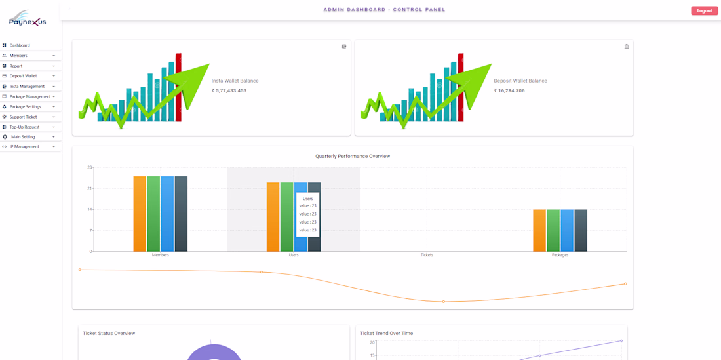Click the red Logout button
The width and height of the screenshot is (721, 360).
tap(704, 10)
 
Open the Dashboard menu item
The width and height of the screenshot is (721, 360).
tap(20, 45)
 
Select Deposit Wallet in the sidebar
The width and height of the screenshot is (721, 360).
tap(23, 76)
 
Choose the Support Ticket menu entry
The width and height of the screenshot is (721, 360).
tap(23, 117)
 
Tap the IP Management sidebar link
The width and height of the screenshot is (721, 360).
tap(24, 147)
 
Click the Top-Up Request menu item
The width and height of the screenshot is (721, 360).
tap(24, 127)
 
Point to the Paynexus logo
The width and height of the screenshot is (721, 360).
tap(28, 18)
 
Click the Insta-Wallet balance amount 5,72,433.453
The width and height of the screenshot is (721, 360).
tap(231, 91)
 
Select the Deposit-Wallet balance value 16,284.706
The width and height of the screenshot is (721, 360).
tap(511, 91)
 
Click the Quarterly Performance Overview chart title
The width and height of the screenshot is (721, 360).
tap(353, 156)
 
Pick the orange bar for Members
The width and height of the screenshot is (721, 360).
tap(140, 214)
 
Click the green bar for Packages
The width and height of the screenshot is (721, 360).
tap(553, 230)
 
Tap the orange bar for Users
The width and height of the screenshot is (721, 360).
tap(273, 216)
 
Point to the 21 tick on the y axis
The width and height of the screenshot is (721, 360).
tap(90, 188)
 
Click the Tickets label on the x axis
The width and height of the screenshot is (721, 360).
tap(427, 255)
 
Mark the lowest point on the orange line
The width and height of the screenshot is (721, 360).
tap(444, 302)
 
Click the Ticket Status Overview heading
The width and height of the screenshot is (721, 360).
tap(109, 333)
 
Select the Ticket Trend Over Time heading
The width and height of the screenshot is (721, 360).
tap(386, 333)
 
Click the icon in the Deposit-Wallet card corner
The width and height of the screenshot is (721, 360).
tap(627, 47)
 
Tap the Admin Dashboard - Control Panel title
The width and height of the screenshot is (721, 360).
tap(384, 10)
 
